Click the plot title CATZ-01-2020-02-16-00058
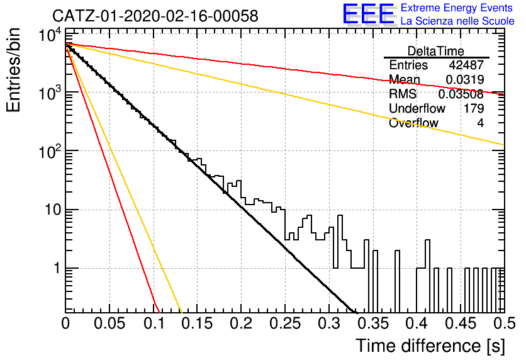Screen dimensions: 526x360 [155, 16]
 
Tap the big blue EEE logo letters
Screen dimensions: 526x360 [368, 13]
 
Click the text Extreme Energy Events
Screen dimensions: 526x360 [457, 8]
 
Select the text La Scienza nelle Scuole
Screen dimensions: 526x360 [457, 21]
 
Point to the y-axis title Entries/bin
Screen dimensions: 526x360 [13, 70]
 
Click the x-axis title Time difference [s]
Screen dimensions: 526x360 [430, 346]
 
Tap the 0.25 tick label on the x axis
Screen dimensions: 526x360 [285, 323]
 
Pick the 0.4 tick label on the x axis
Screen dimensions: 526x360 [417, 323]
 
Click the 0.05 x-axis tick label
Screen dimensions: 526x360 [109, 323]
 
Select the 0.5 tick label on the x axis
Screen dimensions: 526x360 [504, 323]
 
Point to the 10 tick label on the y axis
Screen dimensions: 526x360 [52, 210]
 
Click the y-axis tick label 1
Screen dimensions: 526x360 [57, 268]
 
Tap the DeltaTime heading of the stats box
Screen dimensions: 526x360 [436, 51]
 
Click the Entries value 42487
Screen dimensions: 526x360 [466, 65]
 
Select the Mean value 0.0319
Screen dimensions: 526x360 [464, 79]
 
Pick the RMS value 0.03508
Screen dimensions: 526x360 [461, 94]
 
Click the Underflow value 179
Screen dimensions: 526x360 [474, 108]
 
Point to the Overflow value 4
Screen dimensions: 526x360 [480, 123]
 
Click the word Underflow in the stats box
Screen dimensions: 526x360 [417, 108]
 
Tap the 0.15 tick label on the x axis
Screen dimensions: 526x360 [198, 323]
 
